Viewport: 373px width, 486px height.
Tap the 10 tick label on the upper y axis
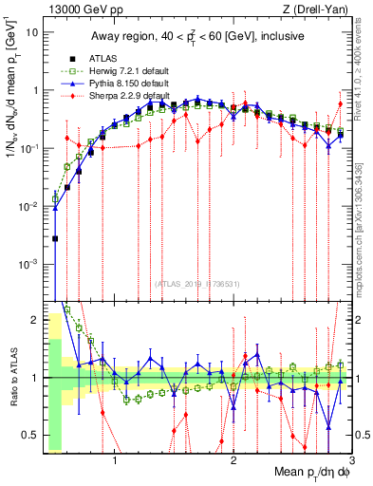coord(32,32)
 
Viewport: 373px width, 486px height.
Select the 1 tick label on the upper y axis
coord(35,90)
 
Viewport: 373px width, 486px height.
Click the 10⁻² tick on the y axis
coord(29,206)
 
